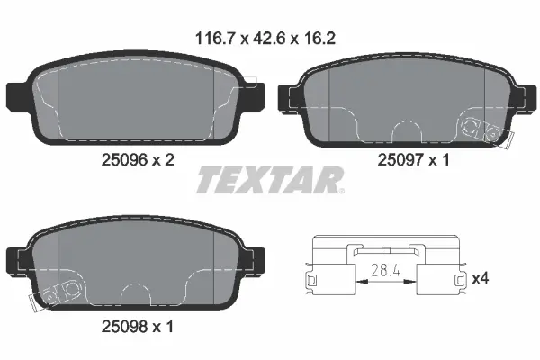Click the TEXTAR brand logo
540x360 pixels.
point(268,180)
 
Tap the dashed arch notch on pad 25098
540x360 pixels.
point(135,293)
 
